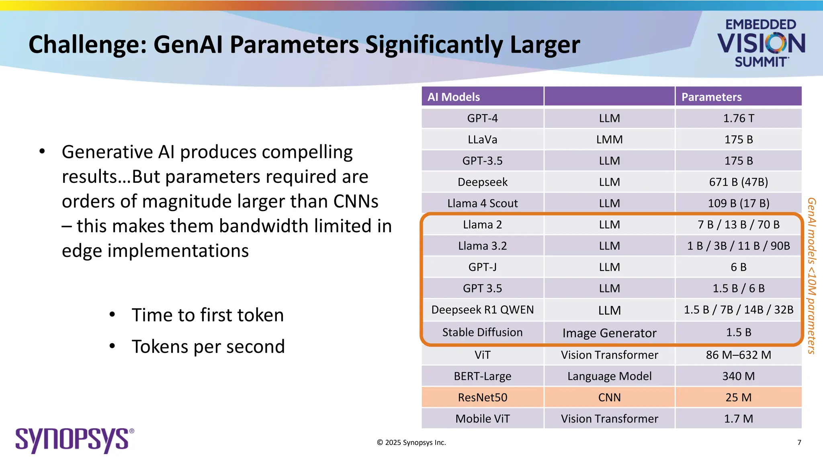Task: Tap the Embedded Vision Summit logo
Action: coord(761,43)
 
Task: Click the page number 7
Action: coord(799,443)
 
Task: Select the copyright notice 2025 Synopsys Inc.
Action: coord(411,443)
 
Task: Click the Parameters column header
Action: coord(711,97)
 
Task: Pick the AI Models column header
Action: coord(454,97)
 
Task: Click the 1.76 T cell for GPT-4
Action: coord(738,118)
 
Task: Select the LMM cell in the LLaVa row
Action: coord(609,139)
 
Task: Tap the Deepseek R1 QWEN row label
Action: coord(482,309)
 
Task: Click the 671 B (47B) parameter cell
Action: coord(738,182)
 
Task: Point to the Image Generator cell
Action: coord(609,333)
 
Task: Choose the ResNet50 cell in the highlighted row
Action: coord(482,397)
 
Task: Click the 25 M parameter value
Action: coord(738,397)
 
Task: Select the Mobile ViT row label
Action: coord(482,418)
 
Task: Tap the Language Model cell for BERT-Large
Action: coord(609,376)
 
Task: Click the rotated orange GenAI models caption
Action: coord(811,276)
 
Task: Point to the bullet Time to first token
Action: coord(207,315)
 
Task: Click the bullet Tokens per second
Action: coord(208,346)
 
